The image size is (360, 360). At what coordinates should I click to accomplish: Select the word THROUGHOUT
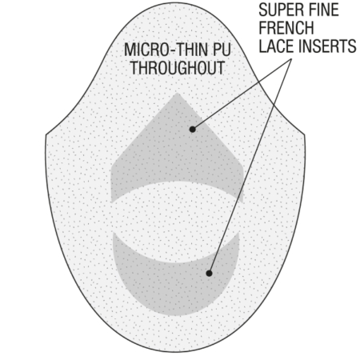click(x=178, y=68)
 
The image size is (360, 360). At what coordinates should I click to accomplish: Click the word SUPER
click(x=278, y=10)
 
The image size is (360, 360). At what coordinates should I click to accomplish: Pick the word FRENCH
click(x=286, y=28)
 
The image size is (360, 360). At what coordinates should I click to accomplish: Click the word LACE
click(x=277, y=46)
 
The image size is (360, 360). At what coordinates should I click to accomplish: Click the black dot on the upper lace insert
click(x=192, y=130)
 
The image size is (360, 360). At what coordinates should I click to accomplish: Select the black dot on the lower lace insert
click(x=209, y=274)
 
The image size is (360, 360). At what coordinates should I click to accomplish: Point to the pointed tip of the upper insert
click(x=177, y=93)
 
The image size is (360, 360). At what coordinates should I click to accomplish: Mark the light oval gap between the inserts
click(x=176, y=222)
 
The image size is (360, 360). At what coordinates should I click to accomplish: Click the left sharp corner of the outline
click(x=46, y=134)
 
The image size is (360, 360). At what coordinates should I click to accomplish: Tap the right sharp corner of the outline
click(x=305, y=134)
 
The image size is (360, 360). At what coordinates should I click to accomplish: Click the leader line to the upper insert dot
click(x=242, y=94)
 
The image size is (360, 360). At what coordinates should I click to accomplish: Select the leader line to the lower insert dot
click(x=250, y=166)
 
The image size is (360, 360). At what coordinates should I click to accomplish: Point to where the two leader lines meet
click(x=291, y=58)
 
